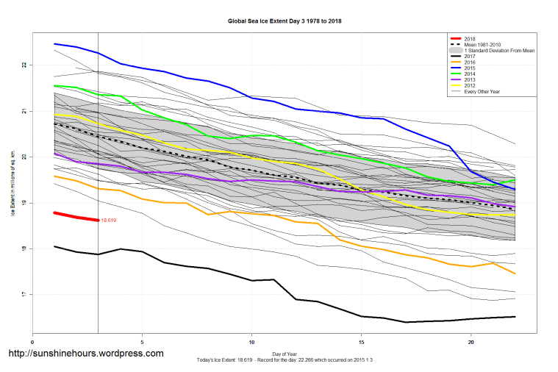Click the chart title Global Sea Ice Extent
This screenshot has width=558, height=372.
click(285, 21)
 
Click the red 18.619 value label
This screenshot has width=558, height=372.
click(108, 220)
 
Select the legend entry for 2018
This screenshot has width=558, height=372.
click(471, 38)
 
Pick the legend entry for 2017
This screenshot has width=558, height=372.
click(471, 55)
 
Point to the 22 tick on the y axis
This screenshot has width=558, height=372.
click(24, 65)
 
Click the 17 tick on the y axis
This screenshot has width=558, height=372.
click(24, 295)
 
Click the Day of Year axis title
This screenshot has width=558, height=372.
click(285, 353)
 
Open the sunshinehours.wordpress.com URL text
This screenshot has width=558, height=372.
click(85, 354)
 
